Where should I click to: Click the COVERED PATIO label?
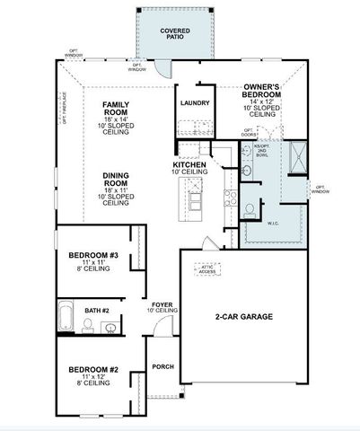tap(175, 34)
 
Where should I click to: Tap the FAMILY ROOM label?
tap(117, 109)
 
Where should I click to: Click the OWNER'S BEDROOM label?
tap(264, 92)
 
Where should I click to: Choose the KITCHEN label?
tap(190, 165)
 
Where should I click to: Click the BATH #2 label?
tap(97, 311)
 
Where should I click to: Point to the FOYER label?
tap(162, 303)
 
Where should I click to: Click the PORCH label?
tap(162, 366)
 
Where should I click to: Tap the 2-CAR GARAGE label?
tap(243, 317)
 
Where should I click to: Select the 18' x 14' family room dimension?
tap(117, 119)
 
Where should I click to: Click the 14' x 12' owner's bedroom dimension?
tap(264, 106)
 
